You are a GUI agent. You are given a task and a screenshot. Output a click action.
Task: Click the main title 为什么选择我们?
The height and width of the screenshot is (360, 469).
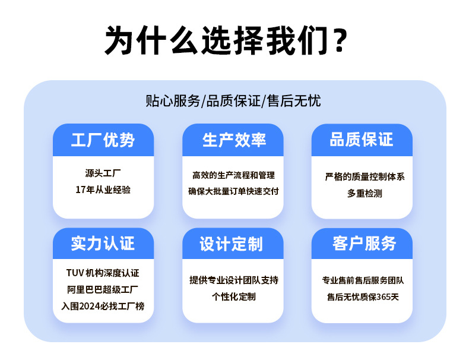click(x=226, y=41)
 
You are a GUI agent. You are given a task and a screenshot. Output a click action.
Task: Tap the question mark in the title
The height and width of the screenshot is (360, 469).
click(x=340, y=42)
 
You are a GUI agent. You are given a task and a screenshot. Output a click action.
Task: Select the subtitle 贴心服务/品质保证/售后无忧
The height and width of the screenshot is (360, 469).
click(x=233, y=100)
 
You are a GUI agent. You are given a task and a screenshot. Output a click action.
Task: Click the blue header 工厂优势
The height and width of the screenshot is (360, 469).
click(x=103, y=140)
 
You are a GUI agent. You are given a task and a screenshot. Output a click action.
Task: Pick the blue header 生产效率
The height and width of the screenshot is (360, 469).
click(x=234, y=140)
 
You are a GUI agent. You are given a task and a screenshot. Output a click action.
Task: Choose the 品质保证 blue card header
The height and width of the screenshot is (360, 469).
click(x=362, y=140)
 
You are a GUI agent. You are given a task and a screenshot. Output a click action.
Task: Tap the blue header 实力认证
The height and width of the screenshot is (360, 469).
click(x=103, y=244)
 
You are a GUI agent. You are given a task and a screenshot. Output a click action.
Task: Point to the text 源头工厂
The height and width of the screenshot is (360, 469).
click(x=103, y=174)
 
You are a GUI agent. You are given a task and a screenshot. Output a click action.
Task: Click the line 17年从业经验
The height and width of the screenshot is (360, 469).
click(x=103, y=190)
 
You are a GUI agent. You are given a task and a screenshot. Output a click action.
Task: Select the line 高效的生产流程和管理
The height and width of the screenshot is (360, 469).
click(x=233, y=175)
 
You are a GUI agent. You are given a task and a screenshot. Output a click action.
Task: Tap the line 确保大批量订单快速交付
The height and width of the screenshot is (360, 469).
click(x=233, y=191)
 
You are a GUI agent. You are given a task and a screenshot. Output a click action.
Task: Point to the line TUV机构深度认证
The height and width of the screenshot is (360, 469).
click(x=103, y=274)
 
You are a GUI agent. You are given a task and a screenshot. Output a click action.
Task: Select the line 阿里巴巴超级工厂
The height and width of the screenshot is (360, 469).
click(x=103, y=290)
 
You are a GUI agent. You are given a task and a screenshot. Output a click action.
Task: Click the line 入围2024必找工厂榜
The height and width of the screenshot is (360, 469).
click(x=103, y=307)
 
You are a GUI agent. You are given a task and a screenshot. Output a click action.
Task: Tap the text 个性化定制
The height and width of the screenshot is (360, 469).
click(x=234, y=296)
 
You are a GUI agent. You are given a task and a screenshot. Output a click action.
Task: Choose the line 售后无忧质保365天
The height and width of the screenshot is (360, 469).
click(x=363, y=296)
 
